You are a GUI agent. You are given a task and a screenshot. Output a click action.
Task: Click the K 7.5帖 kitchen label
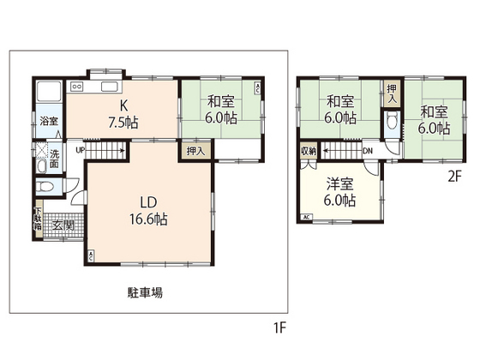point(120,112)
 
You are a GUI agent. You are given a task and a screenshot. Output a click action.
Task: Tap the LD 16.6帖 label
point(147,211)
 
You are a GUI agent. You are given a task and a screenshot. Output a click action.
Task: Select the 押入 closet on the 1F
point(195,150)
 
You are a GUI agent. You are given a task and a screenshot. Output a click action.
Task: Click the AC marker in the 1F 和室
point(259,87)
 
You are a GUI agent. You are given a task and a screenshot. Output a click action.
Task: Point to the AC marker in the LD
point(92,255)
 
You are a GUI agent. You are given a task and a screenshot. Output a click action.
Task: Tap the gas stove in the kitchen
point(75,87)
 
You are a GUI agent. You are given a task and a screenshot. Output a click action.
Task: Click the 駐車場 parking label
point(146,292)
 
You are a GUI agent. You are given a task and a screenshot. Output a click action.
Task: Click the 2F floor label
point(453,178)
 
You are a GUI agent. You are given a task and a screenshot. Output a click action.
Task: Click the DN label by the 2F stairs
point(368,151)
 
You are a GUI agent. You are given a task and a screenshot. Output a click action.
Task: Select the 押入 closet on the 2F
point(391,93)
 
